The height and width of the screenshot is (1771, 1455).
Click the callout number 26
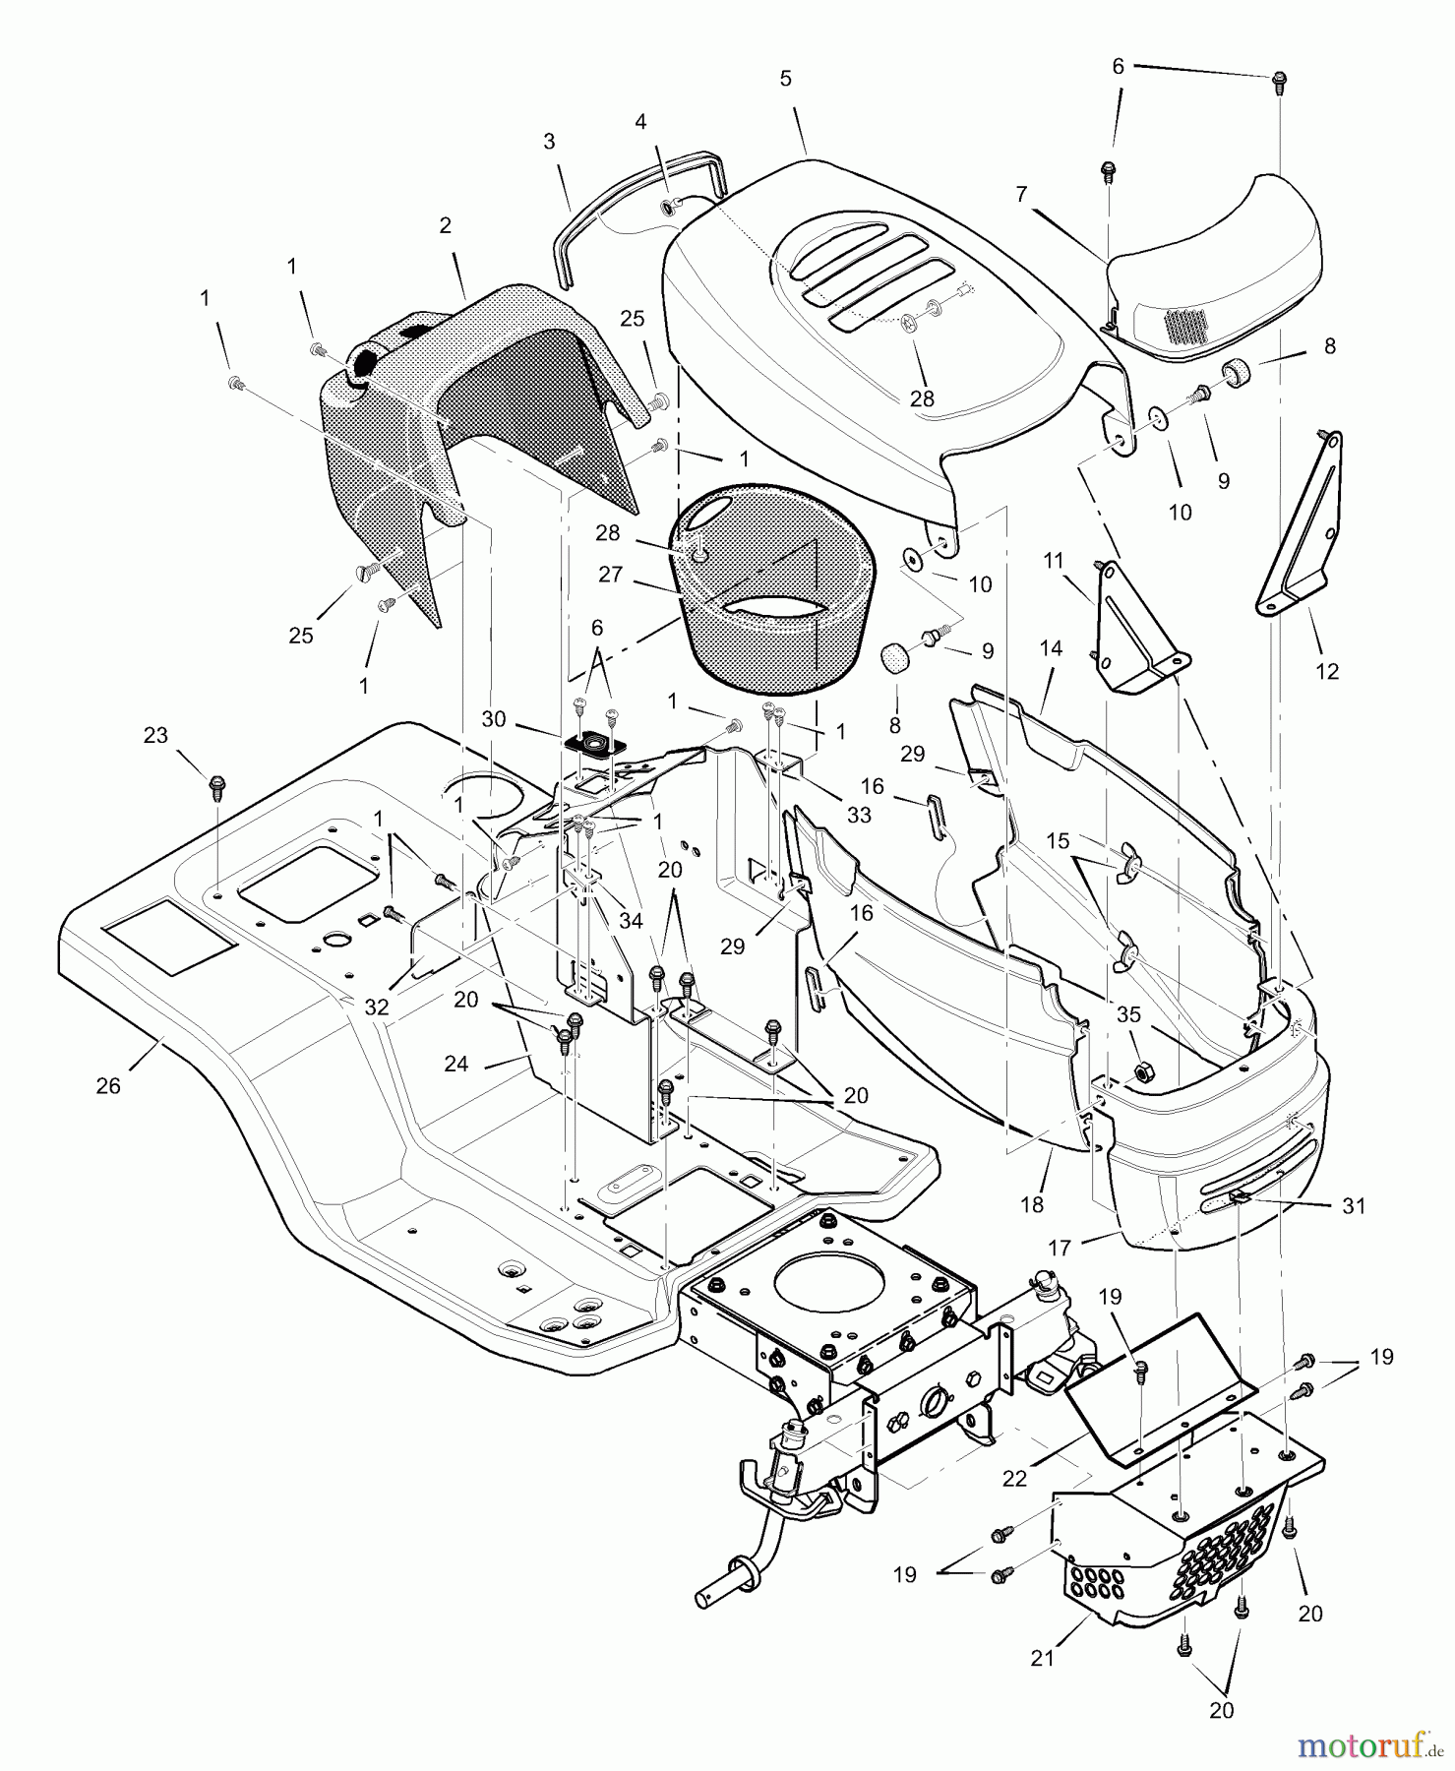coord(108,1086)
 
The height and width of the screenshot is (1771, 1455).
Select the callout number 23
coord(155,735)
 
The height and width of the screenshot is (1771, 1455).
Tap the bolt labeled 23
coord(217,786)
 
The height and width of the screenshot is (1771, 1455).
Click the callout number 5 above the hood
coord(785,79)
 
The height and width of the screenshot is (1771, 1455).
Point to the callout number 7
coord(1022,195)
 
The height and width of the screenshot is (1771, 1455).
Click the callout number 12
coord(1327,672)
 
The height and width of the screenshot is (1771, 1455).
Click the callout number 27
coord(610,574)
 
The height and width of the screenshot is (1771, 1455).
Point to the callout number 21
coord(1042,1658)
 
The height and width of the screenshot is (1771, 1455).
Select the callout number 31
coord(1354,1205)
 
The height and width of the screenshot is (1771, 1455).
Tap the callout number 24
coord(455,1064)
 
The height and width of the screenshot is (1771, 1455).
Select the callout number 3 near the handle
coord(549,141)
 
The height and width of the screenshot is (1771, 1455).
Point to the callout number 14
coord(1051,649)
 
